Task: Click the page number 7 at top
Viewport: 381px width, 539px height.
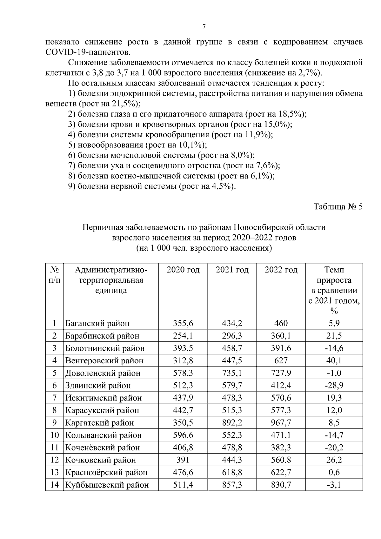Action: (x=204, y=27)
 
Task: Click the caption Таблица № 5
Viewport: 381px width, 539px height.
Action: (x=338, y=207)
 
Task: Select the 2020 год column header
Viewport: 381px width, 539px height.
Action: (x=183, y=270)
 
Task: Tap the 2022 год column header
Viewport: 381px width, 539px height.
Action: (x=281, y=270)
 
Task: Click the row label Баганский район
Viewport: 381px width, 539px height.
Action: (x=97, y=323)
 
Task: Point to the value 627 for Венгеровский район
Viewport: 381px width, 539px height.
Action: (x=281, y=360)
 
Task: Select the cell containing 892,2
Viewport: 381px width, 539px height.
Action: (x=232, y=422)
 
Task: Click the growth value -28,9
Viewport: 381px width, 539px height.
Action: (x=334, y=385)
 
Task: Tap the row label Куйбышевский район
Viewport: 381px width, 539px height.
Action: (x=107, y=485)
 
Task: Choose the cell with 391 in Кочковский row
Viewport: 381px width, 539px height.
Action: (x=183, y=460)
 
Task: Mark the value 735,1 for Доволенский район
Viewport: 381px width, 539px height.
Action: (x=232, y=373)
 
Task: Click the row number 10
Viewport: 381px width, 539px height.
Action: (x=55, y=435)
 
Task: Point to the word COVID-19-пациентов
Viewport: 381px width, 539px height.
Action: (x=88, y=52)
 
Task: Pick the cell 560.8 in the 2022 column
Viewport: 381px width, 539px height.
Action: (x=281, y=460)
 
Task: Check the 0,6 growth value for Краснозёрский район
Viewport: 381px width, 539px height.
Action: (x=334, y=472)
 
